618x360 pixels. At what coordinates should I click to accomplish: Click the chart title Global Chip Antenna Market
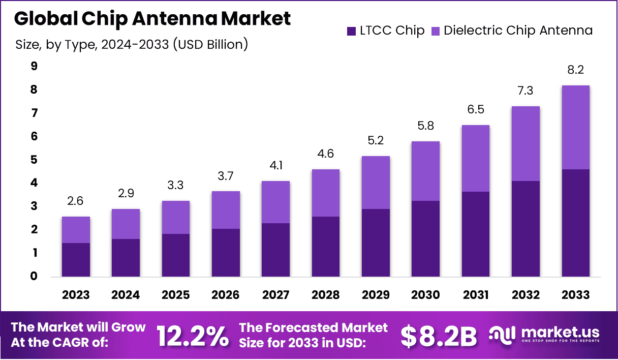point(152,19)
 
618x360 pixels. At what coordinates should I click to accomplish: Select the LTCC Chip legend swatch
point(351,31)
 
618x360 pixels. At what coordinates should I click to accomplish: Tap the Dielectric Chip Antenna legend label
point(518,31)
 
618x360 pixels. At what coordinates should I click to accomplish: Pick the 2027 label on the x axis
point(275,295)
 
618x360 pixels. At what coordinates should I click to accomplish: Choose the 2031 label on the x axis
point(476,295)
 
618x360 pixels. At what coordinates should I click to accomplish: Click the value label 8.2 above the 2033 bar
point(575,70)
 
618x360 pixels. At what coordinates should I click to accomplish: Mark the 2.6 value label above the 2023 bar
point(76,201)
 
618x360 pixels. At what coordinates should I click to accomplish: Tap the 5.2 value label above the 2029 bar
point(376,140)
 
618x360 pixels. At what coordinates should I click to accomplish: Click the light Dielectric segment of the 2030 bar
point(425,171)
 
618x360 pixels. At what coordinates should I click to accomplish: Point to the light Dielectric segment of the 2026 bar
point(226,210)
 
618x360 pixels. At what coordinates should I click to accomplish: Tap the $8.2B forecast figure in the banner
point(439,336)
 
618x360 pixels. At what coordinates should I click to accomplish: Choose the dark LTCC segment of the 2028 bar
point(326,247)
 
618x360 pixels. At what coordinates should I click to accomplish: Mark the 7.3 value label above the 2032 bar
point(526,92)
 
